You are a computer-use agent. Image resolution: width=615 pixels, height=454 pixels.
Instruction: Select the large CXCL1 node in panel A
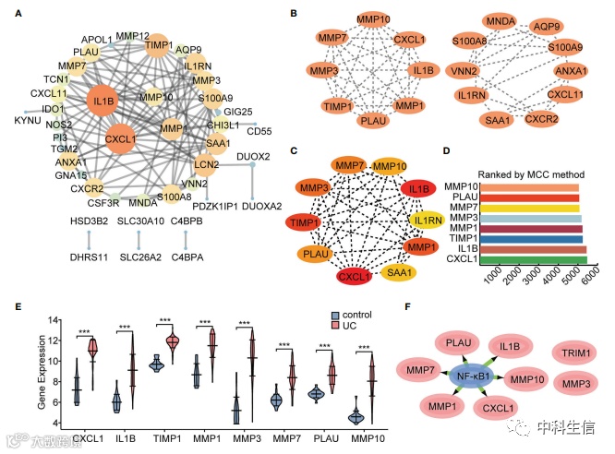pos(122,140)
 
